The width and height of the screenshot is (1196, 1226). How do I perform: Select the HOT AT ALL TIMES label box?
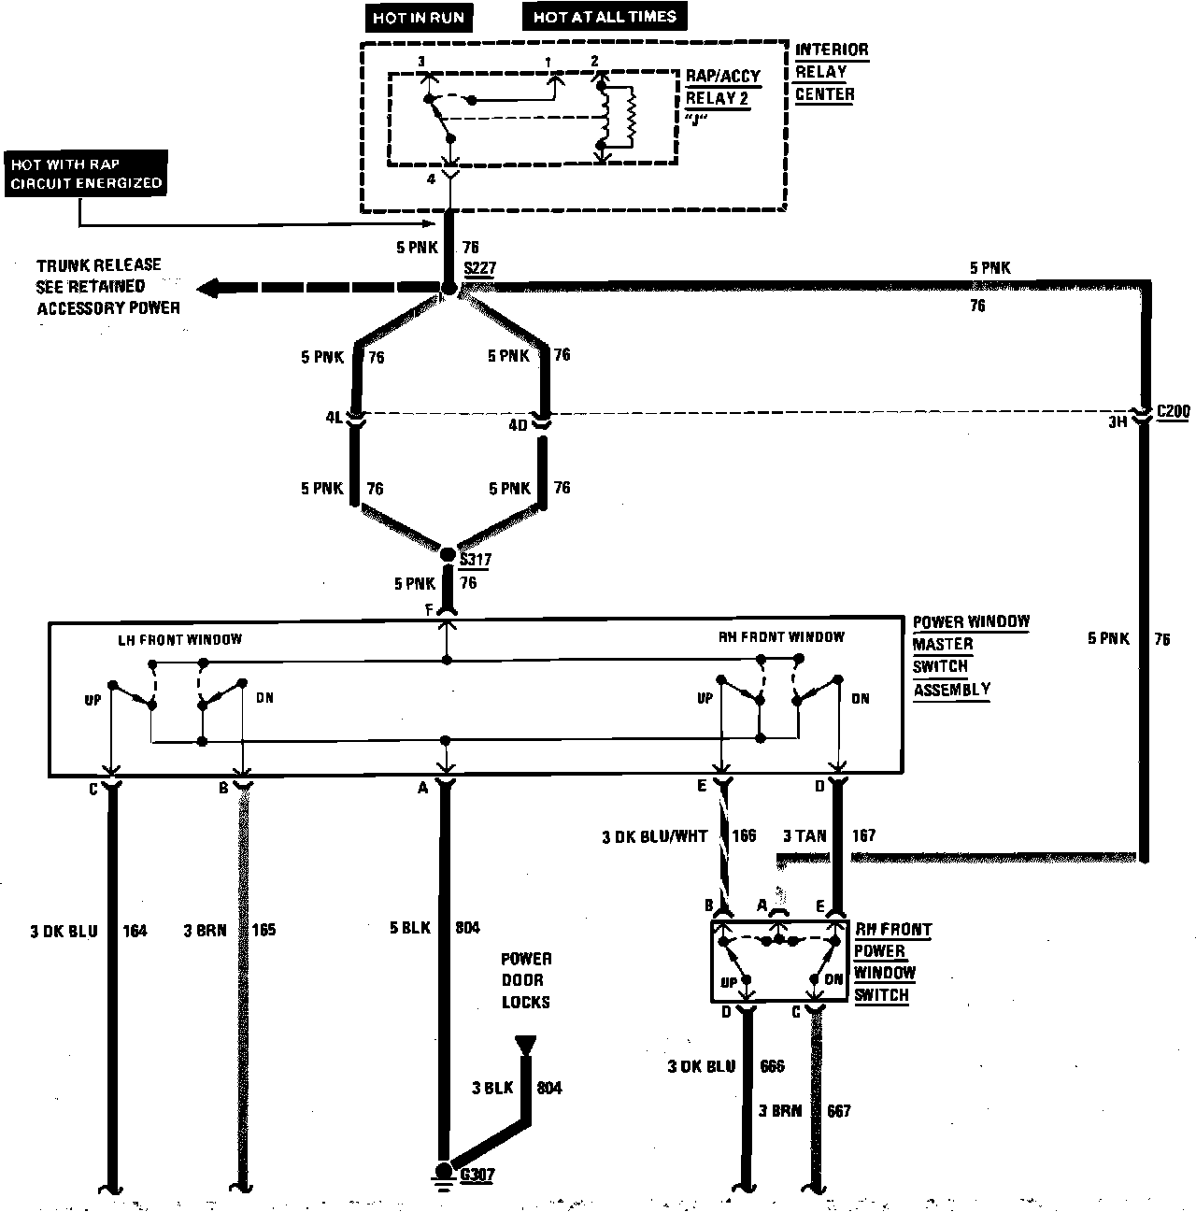pos(605,17)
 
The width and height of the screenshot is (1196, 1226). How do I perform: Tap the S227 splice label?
pos(480,268)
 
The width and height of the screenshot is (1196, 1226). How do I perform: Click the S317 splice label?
pos(476,560)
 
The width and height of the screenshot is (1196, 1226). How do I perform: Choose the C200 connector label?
pos(1173,412)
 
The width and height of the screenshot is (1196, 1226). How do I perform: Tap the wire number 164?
pos(135,931)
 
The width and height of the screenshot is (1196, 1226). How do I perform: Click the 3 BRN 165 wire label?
pos(229,931)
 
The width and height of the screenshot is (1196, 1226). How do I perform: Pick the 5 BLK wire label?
pos(410,928)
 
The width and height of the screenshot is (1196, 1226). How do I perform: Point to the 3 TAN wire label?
pos(804,835)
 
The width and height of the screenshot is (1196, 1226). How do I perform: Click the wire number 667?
pos(838,1111)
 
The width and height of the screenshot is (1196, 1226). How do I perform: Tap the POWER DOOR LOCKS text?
pos(526,980)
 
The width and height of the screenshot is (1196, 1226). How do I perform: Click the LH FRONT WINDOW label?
pos(179,640)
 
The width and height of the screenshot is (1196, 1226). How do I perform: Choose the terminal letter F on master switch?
pos(428,608)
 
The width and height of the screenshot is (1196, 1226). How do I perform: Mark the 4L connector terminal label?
pos(335,418)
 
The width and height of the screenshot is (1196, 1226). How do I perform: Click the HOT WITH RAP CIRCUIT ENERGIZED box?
pos(86,173)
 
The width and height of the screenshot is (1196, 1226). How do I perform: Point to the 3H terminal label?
pos(1117,422)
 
